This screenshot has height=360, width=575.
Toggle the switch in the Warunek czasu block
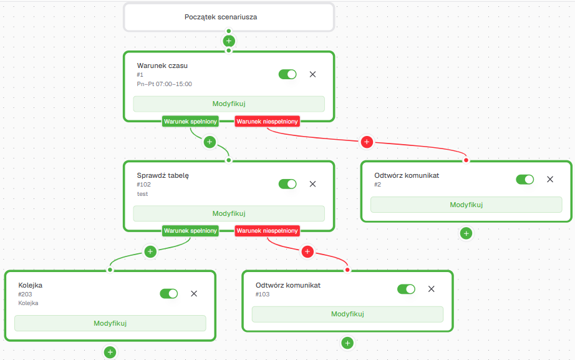(x=287, y=74)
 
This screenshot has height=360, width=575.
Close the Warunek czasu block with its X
(x=313, y=74)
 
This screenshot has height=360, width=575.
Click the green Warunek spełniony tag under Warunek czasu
(x=190, y=122)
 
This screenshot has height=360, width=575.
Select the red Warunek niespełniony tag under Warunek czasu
(x=267, y=122)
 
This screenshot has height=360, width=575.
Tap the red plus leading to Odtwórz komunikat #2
(x=367, y=142)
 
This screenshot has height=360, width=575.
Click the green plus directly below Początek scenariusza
(x=229, y=41)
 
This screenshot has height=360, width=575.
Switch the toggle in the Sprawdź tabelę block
(x=287, y=184)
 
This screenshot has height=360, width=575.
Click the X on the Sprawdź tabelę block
(x=313, y=184)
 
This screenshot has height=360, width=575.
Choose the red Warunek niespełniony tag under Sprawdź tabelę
(x=267, y=231)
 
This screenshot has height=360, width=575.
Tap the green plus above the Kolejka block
(x=150, y=251)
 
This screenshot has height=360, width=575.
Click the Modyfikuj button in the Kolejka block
(x=110, y=323)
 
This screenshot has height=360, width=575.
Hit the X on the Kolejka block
(x=194, y=294)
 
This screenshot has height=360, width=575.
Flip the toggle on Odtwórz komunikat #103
(x=407, y=289)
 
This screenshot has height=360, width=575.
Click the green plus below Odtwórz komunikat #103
(x=347, y=343)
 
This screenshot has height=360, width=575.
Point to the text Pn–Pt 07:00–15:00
(x=164, y=84)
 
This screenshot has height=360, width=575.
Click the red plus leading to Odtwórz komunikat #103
(x=307, y=251)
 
